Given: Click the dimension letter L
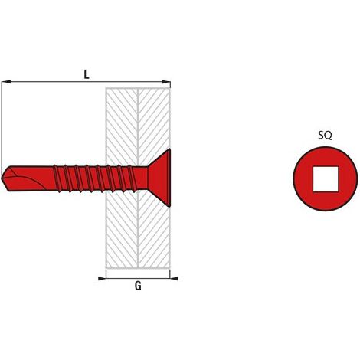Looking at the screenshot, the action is [87, 74].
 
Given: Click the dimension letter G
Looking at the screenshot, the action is [138, 286].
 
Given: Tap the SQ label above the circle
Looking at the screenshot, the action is [325, 136].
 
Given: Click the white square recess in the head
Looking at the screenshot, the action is [326, 179].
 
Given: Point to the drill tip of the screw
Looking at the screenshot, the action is [2, 178].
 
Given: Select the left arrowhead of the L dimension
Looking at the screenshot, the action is [5, 82].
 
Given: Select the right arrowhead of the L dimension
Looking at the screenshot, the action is [166, 82].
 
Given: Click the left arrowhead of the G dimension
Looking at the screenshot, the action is [102, 278].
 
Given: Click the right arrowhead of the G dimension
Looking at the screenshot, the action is [174, 278].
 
